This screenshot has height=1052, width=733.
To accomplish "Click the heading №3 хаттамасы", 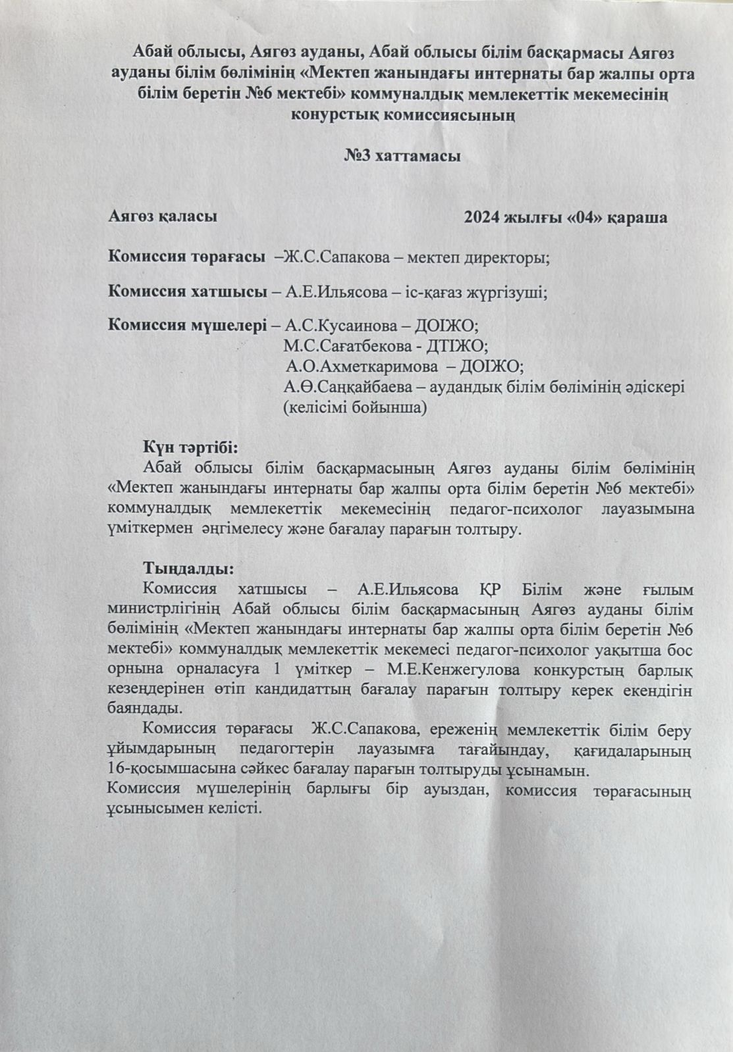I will [402, 157].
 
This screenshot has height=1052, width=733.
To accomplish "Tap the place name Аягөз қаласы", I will [163, 216].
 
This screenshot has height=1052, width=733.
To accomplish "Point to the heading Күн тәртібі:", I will [191, 447].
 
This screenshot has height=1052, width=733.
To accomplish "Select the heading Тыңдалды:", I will [188, 568].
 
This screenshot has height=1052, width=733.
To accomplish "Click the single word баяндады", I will [143, 708].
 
